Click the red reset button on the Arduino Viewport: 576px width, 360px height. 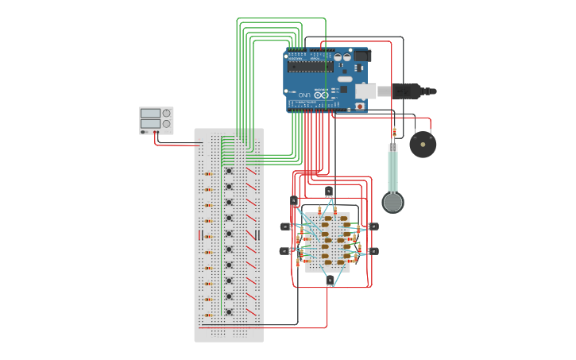359,106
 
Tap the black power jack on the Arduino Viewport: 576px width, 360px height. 361,56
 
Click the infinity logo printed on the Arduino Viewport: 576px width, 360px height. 321,95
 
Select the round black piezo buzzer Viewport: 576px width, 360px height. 423,145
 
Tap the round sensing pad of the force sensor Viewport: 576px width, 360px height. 392,202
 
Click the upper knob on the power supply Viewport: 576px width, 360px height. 166,114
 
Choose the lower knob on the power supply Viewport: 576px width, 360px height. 166,124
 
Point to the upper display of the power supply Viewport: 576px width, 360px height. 150,114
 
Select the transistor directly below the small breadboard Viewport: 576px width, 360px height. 330,280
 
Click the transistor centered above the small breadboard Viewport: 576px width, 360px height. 329,191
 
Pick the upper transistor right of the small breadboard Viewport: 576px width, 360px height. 373,226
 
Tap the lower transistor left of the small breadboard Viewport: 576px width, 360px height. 285,251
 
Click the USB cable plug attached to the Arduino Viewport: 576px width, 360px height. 405,91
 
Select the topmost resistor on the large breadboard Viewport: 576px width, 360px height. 207,174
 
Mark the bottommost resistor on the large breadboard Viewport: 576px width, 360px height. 207,315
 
